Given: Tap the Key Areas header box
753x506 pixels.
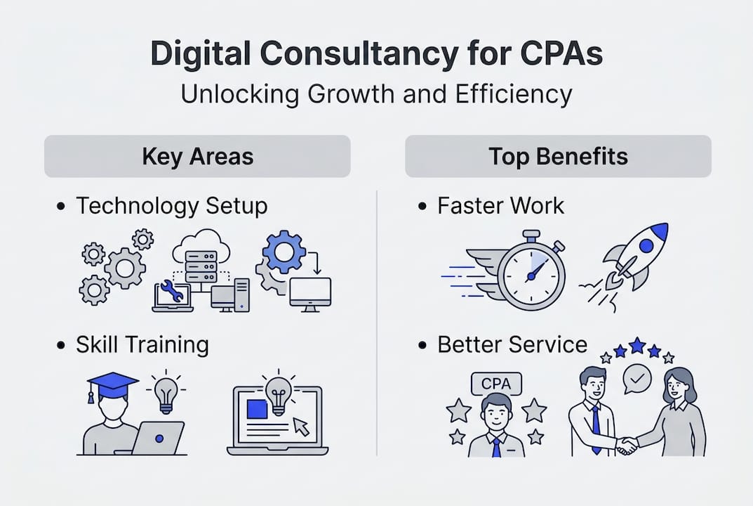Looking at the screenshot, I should (x=197, y=156).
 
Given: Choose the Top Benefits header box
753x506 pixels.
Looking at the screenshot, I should (x=558, y=156).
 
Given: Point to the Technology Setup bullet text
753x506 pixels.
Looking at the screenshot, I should (x=171, y=206).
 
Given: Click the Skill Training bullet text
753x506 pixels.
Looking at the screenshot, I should (x=142, y=345).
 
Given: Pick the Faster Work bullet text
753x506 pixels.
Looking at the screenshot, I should (x=500, y=206).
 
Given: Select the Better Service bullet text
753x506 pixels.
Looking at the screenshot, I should (x=512, y=345).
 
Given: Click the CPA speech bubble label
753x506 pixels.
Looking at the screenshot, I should (x=496, y=384).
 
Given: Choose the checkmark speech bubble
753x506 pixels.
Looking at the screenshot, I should (x=638, y=379).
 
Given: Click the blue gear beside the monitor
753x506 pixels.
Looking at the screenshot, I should (x=285, y=252).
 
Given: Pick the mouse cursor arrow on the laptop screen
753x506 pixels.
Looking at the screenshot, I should (x=302, y=425).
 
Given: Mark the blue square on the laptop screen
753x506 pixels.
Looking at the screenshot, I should (x=257, y=409).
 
